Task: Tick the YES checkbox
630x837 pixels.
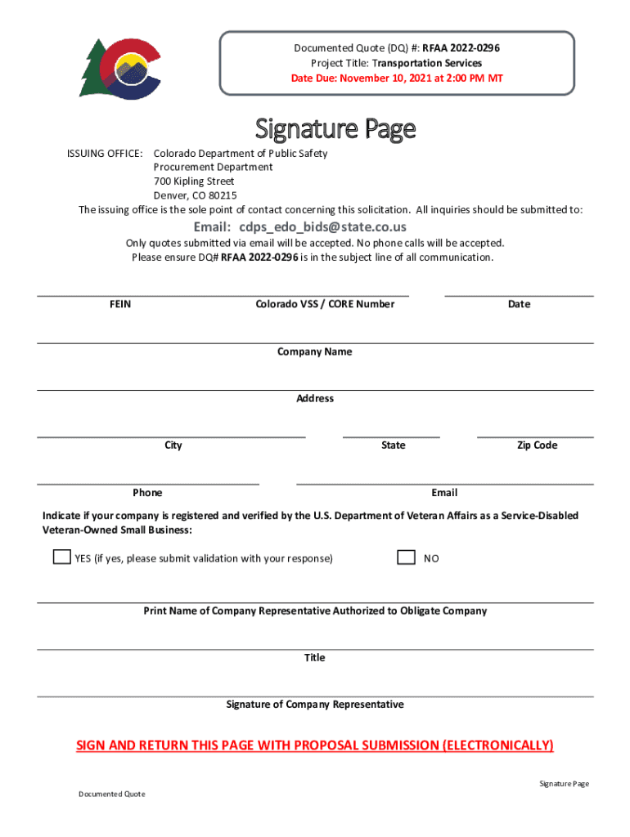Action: click(x=61, y=557)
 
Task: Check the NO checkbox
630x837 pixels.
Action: click(x=406, y=557)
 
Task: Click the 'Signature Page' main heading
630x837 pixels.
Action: click(x=335, y=129)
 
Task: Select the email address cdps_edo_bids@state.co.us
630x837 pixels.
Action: click(x=299, y=226)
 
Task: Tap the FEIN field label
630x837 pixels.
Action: click(x=120, y=304)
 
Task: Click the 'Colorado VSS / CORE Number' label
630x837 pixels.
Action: click(x=325, y=304)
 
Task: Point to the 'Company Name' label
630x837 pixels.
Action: click(x=315, y=351)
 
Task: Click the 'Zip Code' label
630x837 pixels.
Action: click(x=537, y=445)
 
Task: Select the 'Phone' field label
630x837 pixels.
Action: click(x=147, y=493)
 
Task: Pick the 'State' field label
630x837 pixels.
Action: click(x=393, y=445)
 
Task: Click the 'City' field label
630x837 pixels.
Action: click(x=173, y=445)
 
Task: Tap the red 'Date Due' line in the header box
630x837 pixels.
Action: click(x=397, y=78)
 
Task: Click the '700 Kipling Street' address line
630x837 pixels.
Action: click(x=194, y=181)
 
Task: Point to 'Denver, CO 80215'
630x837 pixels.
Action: click(x=196, y=195)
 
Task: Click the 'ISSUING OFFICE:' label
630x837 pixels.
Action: click(x=105, y=154)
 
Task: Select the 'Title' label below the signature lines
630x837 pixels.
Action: click(x=315, y=658)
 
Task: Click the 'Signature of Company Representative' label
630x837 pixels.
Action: click(x=315, y=705)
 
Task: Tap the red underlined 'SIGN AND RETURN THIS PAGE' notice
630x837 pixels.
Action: click(x=315, y=745)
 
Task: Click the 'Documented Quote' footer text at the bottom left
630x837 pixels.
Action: click(x=112, y=794)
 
